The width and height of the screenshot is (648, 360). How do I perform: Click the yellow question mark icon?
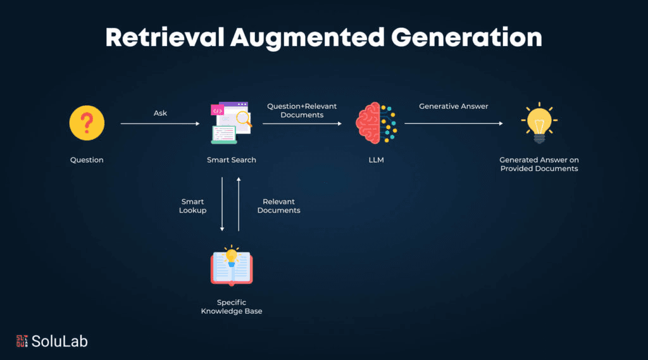[x=87, y=123]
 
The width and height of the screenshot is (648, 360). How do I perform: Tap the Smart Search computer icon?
[x=230, y=123]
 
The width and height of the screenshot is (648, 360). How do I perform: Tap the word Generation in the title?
[x=467, y=38]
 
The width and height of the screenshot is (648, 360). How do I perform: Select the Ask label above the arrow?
[x=160, y=113]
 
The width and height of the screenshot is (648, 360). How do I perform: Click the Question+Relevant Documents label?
[x=302, y=111]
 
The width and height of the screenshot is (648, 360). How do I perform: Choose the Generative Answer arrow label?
[x=453, y=106]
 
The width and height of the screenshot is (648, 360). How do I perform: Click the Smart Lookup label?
[x=192, y=206]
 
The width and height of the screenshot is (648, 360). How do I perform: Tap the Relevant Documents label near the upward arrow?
[x=278, y=206]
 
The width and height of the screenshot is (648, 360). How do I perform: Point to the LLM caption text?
[x=376, y=160]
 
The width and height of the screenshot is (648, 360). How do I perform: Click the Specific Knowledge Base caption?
[x=232, y=307]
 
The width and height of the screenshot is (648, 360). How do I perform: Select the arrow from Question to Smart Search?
[x=160, y=124]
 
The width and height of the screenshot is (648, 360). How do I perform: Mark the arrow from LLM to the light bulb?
[x=453, y=124]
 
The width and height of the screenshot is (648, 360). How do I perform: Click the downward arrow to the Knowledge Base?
[x=223, y=204]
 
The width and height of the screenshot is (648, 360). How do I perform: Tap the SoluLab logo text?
[x=61, y=342]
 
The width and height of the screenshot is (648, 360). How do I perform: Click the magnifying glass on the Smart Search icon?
[x=243, y=117]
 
